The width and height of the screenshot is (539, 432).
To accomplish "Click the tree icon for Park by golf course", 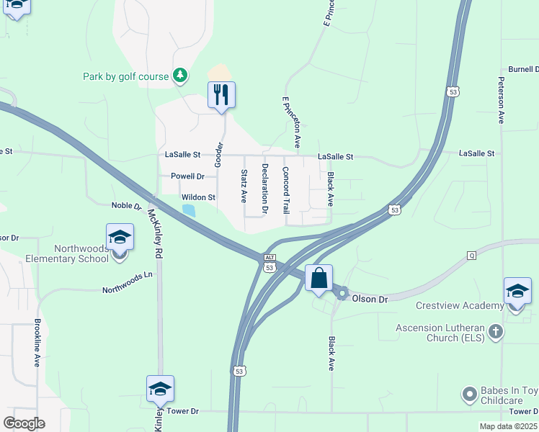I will [179, 76].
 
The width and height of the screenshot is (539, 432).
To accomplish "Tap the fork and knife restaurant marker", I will [221, 95].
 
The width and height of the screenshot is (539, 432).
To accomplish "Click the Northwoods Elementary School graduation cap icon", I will [120, 237].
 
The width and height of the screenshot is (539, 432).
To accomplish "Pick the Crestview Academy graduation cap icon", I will [517, 292].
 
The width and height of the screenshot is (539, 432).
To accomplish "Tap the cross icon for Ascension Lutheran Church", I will [494, 331].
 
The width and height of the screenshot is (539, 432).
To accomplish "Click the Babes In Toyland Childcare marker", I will [469, 394].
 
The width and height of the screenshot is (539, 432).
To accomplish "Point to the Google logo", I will [24, 423].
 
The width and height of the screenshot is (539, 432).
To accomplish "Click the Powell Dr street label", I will [187, 176].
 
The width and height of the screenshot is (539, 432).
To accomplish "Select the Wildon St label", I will [198, 197].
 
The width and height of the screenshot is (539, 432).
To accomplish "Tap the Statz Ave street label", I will [244, 186].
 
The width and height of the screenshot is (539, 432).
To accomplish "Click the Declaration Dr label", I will [265, 189].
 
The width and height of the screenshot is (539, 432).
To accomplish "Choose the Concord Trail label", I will [285, 190].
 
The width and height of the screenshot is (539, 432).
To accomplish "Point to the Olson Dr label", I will [370, 298].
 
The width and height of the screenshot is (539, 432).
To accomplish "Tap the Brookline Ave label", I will [36, 343].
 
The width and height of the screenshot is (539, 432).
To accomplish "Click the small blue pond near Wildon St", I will [189, 210].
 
